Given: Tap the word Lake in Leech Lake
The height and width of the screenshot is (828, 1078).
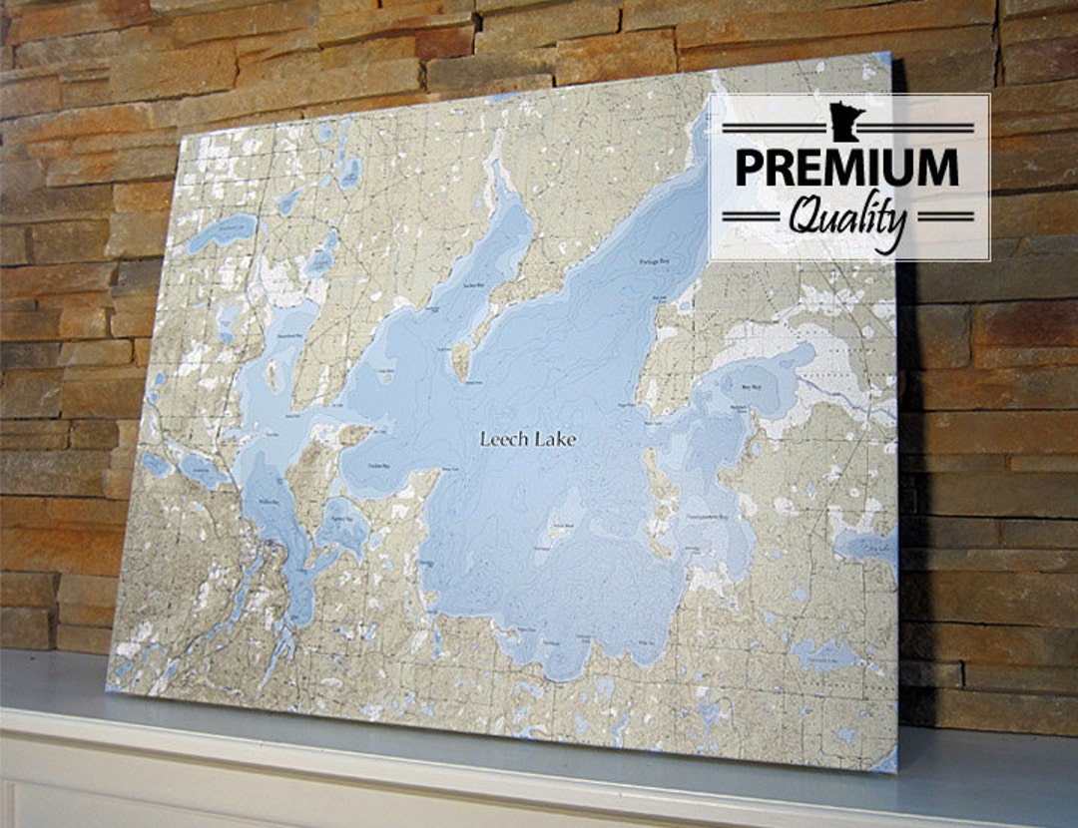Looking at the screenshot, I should [x=554, y=439].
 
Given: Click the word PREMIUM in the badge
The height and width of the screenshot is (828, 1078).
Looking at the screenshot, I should [x=846, y=169].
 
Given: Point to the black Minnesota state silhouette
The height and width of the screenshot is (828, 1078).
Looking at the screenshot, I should [x=846, y=121].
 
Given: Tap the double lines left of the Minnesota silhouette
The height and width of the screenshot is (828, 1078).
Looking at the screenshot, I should [x=775, y=128].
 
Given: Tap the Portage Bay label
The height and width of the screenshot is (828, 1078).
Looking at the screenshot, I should [x=653, y=262].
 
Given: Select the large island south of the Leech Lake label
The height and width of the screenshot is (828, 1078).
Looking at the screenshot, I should [x=563, y=527].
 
